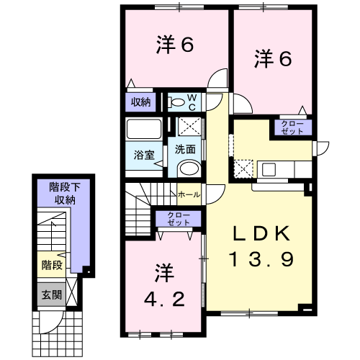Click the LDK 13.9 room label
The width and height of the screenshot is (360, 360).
[261, 246]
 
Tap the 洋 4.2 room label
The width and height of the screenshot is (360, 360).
[165, 285]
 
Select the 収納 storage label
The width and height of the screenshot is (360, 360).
[140, 102]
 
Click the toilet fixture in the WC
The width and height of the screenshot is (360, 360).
[176, 102]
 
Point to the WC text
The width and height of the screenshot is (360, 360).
[192, 102]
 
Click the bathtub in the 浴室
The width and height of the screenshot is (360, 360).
[144, 129]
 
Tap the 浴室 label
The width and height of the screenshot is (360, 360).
[144, 155]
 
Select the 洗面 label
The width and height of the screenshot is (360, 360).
[185, 150]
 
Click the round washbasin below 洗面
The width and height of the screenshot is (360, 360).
[189, 168]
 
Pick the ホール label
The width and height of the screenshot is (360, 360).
[189, 194]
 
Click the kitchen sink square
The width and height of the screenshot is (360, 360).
[269, 169]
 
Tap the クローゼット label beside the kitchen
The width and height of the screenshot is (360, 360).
[292, 127]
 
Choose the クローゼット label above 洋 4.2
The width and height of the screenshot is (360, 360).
[179, 219]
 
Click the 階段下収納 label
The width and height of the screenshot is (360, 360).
[65, 194]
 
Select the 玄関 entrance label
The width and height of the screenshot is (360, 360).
[52, 294]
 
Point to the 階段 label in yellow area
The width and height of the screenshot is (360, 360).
[52, 265]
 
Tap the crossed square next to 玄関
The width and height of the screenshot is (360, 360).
[72, 292]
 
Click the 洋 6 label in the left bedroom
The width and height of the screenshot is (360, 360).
[175, 45]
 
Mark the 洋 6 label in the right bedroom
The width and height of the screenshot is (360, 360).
[273, 58]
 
